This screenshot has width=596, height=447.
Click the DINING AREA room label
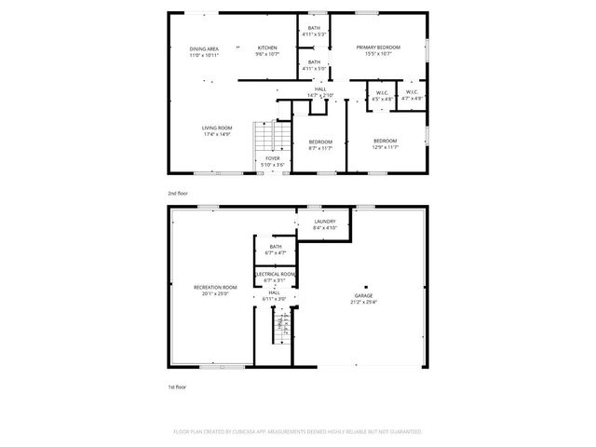point(204,48)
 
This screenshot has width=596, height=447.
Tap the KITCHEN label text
point(267,48)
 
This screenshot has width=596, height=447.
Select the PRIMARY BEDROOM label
point(378,47)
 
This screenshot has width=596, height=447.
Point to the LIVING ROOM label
point(217,128)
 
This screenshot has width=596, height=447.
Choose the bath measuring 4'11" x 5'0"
point(314,63)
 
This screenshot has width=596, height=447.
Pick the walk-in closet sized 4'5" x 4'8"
point(382,94)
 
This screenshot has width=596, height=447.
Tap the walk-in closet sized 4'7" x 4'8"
point(412,94)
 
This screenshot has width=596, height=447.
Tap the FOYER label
point(273,159)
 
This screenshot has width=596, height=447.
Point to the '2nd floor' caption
point(178,193)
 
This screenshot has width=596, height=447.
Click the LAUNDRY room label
point(324,221)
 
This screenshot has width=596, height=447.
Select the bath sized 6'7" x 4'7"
point(276,248)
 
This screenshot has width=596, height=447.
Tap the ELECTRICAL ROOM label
point(276,274)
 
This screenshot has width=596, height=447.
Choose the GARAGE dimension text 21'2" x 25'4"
point(363,302)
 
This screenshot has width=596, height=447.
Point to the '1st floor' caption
point(177,385)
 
